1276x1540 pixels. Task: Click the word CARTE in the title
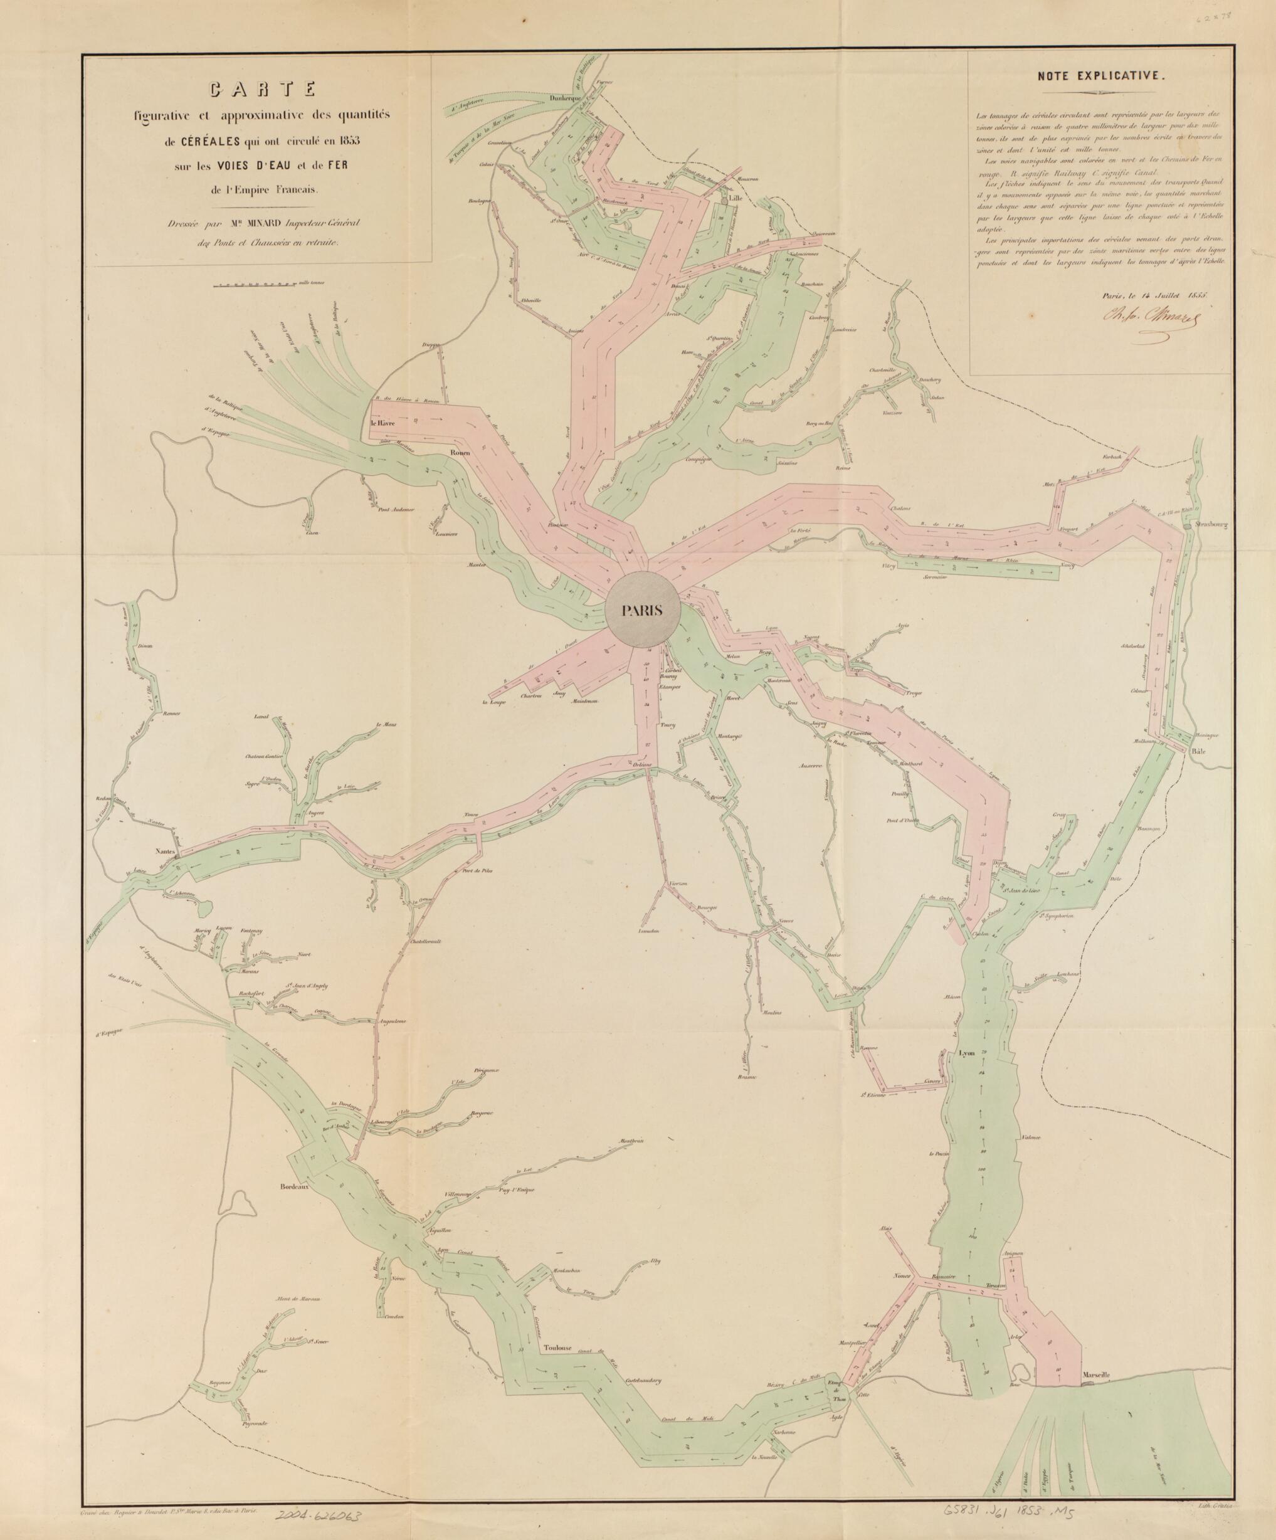[263, 90]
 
